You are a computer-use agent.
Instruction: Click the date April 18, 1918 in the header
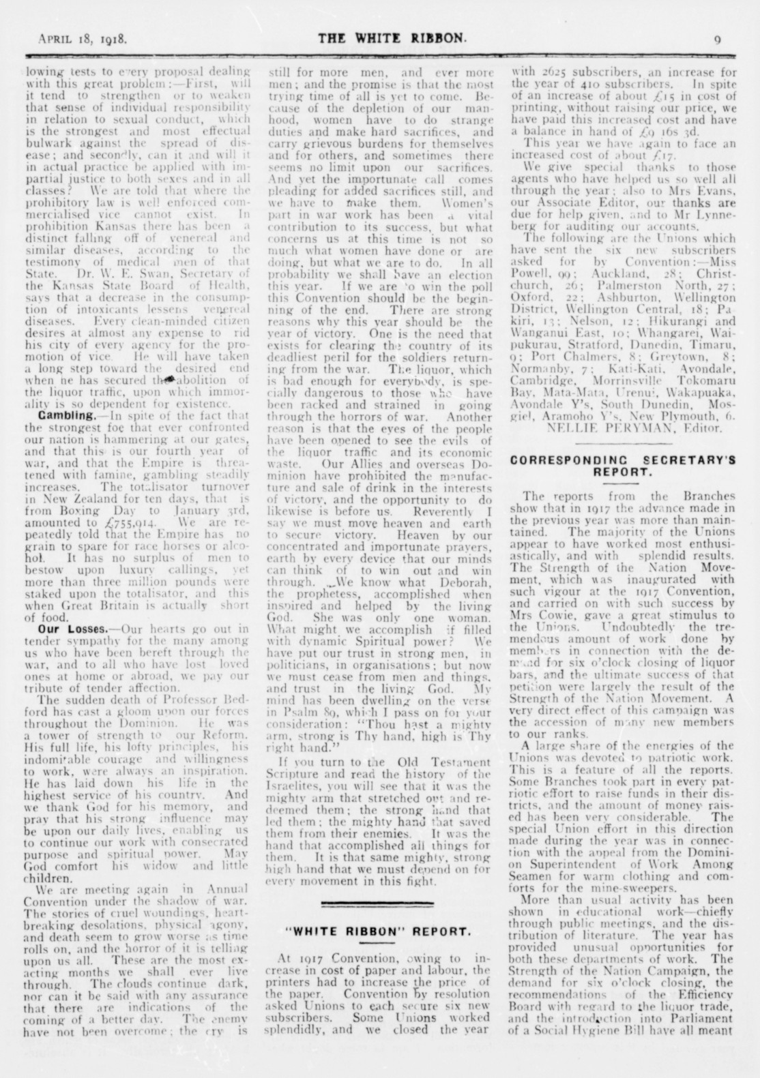point(83,39)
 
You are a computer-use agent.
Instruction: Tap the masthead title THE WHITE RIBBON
point(392,38)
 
